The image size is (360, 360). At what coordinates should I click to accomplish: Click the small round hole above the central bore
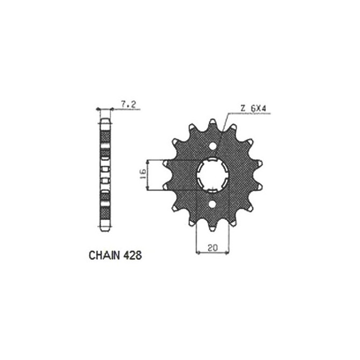tap(214, 146)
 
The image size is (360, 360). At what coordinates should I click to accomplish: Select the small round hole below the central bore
tap(214, 204)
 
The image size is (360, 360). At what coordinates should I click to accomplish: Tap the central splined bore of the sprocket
tap(214, 175)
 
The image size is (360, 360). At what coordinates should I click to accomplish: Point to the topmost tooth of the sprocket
tap(214, 122)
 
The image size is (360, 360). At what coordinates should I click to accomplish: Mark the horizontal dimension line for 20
tap(213, 253)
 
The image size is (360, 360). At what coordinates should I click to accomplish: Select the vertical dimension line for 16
tap(147, 175)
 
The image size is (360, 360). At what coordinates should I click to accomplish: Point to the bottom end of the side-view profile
tap(105, 230)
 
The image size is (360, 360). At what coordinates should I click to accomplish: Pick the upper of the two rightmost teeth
tap(261, 163)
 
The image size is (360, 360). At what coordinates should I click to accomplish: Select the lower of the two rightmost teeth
tap(261, 187)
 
